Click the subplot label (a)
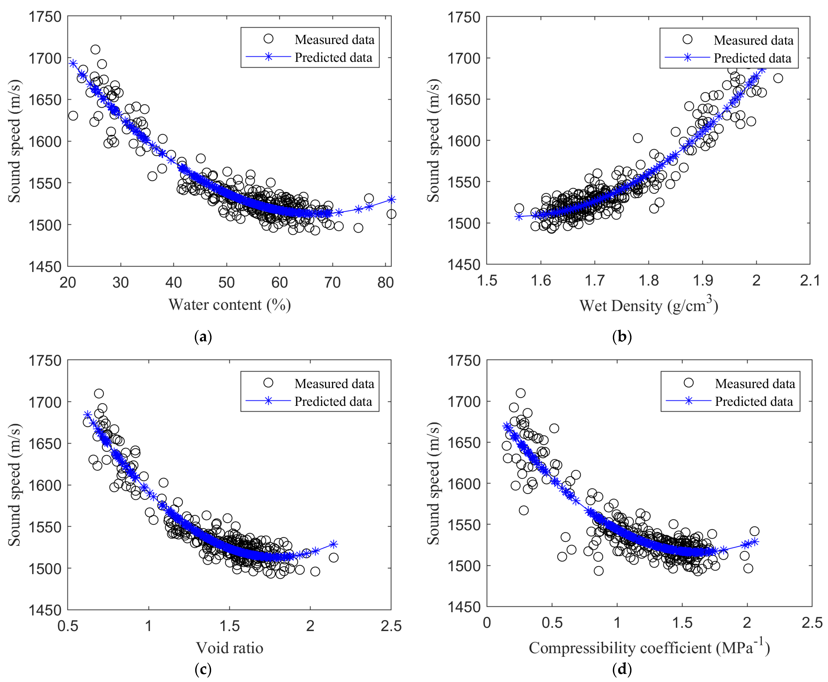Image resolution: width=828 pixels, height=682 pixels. click(203, 337)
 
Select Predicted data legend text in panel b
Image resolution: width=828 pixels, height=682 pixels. click(752, 58)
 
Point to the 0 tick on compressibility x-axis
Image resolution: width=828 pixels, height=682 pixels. click(487, 623)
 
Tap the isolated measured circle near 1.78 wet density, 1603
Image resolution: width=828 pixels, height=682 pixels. click(638, 138)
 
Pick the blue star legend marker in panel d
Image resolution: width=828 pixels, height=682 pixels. click(689, 401)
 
